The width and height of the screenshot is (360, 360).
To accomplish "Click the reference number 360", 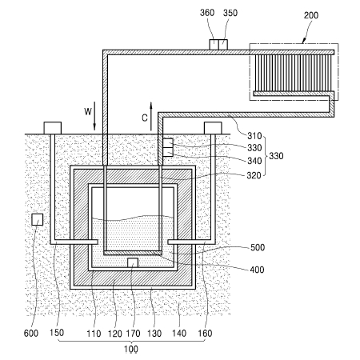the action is (207, 13).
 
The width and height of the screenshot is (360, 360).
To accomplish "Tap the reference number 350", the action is (230, 13).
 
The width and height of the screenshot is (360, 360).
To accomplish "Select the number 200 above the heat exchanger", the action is (311, 15).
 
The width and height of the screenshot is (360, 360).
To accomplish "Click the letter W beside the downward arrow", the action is (88, 111).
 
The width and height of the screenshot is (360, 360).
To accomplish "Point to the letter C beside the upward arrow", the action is (145, 118).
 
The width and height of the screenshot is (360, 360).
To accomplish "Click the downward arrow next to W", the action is (94, 116).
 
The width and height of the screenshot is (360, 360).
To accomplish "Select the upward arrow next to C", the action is (151, 116).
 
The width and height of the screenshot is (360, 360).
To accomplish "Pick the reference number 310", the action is (254, 136).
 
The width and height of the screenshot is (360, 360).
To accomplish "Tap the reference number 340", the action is (254, 161).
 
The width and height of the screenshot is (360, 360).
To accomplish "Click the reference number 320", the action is (254, 175).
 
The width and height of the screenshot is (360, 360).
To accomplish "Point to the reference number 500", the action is (258, 247).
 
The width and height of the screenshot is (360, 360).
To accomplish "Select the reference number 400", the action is (257, 270).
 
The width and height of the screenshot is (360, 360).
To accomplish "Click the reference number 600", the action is (31, 333).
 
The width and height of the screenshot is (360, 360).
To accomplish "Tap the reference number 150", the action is (57, 333).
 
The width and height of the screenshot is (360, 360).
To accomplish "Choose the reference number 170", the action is (133, 334).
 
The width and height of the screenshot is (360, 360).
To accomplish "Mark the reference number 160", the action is (205, 333).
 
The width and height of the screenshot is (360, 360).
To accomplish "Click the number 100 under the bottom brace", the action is (131, 349).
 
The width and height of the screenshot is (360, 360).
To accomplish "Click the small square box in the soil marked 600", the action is (38, 219).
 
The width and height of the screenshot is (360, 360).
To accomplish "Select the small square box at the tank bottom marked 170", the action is (133, 262).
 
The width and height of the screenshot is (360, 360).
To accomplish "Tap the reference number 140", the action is (179, 334).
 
